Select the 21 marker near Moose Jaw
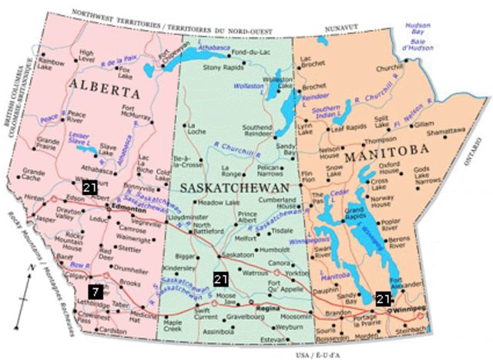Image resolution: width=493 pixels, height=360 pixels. [221, 279]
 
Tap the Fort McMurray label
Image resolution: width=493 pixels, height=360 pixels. [139, 113]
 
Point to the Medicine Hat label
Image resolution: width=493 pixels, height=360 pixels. [143, 316]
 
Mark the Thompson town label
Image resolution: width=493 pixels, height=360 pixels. [380, 140]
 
